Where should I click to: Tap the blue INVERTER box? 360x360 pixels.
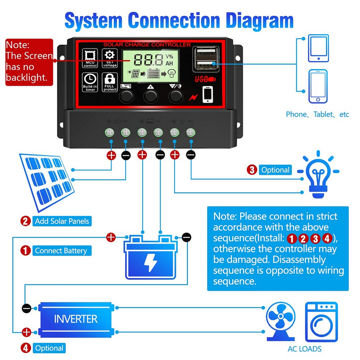(76, 319)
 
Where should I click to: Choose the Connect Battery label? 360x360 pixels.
(60, 251)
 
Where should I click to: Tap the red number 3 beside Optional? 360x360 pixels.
(252, 170)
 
